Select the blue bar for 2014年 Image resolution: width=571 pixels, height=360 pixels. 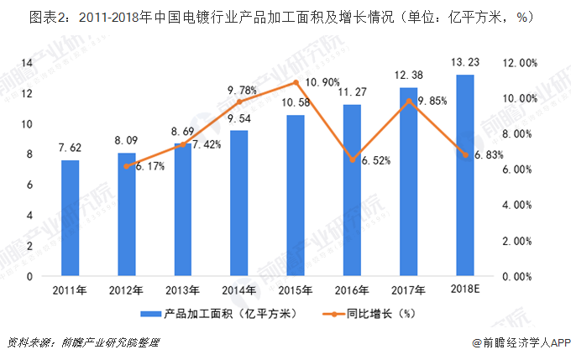coord(239,203)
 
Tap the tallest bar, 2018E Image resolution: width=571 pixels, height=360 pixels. coord(464,175)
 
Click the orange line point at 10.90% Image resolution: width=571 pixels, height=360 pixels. coord(296,82)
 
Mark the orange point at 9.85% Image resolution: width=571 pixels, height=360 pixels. coord(408,102)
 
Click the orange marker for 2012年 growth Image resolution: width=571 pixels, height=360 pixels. coord(127,166)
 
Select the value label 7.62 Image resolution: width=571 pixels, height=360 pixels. coord(71,148)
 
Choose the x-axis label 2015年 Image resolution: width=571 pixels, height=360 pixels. coord(296,290)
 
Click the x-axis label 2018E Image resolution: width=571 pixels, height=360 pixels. coord(464,290)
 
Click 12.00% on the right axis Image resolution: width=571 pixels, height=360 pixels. coord(519,63)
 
